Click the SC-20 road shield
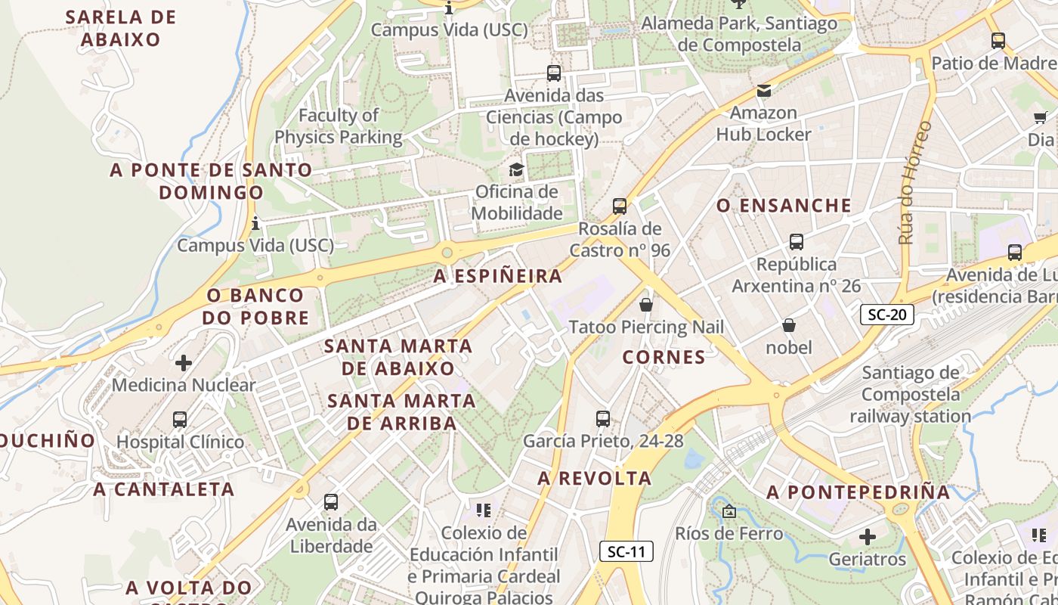pos(886,315)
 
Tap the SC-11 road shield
pos(626,551)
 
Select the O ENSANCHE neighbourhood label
pos(784,206)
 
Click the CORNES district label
pos(664,357)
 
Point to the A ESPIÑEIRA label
pos(498,276)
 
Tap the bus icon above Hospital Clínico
pos(180,420)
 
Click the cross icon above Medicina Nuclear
pos(184,363)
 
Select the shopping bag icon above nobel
pos(789,326)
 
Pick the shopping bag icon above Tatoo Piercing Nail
pos(646,305)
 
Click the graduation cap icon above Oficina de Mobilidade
pos(516,169)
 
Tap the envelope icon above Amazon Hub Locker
pos(764,92)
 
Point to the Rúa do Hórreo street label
pos(914,182)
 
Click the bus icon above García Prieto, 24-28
pos(603,418)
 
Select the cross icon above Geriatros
pos(868,538)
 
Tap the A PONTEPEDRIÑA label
pos(858,492)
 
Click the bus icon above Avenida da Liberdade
pos(331,501)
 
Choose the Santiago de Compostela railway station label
pos(911,394)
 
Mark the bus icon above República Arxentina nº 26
pos(797,242)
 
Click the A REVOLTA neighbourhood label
pos(594,478)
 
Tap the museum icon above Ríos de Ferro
pos(729,512)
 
